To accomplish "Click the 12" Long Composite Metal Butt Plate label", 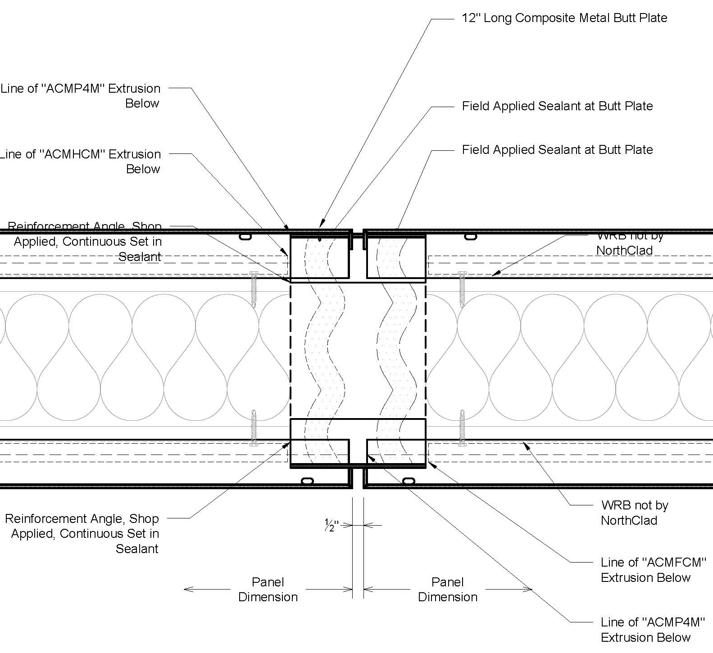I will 564,18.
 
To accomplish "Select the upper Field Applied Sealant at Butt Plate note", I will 557,106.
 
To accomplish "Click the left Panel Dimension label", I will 268,590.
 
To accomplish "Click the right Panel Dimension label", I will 448,590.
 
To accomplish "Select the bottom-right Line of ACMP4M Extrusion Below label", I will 652,630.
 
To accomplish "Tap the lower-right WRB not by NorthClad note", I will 634,513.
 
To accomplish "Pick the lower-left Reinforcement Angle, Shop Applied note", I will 82,533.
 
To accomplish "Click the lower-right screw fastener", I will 462,428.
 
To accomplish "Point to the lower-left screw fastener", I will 254,428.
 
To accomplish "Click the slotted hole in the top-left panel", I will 245,236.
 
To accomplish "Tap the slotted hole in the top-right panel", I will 470,236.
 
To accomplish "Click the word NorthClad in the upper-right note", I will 624,251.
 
